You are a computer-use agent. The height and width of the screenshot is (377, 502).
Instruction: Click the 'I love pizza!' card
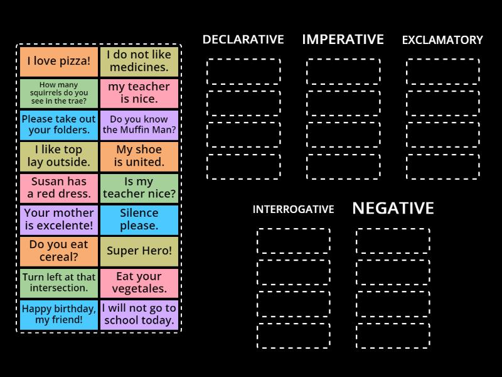tap(59, 62)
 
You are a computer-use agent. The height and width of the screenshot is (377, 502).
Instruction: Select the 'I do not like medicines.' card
tap(139, 62)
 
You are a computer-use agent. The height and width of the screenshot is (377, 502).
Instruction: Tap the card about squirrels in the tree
tap(59, 93)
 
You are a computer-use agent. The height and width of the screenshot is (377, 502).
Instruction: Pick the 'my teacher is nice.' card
tap(139, 93)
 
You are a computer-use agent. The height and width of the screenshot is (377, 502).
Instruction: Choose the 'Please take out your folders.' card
tap(59, 124)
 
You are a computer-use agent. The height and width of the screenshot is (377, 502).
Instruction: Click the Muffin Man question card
tap(139, 124)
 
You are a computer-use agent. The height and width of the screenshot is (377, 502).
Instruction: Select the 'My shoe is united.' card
tap(139, 156)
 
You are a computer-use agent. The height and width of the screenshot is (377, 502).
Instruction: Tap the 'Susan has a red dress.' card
tap(59, 187)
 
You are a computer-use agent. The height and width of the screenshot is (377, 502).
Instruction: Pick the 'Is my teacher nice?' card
tap(139, 187)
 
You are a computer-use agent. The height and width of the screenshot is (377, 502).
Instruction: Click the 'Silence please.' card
tap(139, 219)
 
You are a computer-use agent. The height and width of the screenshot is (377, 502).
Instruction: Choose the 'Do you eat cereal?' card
tap(59, 251)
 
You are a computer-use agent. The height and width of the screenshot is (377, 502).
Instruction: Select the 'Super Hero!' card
tap(139, 251)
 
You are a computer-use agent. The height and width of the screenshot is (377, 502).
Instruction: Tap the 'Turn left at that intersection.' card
tap(59, 282)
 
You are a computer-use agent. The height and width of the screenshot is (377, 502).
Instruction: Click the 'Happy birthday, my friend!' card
tap(59, 314)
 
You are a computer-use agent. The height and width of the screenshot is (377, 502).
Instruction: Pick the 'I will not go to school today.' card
tap(139, 314)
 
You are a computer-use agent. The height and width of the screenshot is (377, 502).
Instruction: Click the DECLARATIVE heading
tap(243, 40)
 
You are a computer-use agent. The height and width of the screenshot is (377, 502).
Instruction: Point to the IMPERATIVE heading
tap(343, 40)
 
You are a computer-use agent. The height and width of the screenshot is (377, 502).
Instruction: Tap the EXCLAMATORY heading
tap(442, 40)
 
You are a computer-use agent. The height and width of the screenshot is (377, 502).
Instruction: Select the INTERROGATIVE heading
tap(293, 209)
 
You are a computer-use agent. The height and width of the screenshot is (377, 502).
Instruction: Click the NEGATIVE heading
tap(393, 209)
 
